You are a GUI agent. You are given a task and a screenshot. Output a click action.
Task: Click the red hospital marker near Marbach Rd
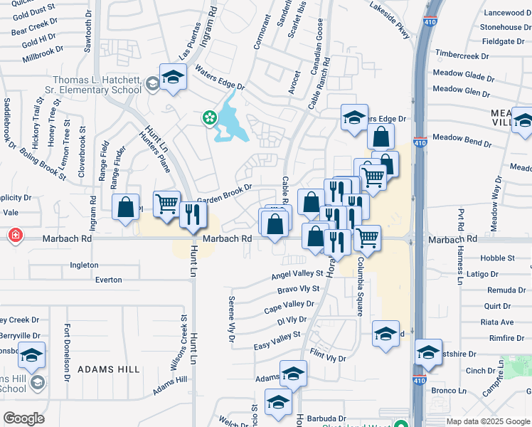click(14, 235)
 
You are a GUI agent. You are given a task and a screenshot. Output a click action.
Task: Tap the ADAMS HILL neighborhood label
click(109, 369)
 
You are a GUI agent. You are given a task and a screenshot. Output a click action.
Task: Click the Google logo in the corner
click(23, 418)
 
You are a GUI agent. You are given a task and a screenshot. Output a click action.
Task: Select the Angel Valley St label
click(298, 275)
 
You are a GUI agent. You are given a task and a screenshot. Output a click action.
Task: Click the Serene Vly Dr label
click(231, 320)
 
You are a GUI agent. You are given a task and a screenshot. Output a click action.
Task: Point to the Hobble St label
click(497, 258)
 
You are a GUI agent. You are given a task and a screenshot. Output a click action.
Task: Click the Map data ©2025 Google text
click(487, 421)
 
